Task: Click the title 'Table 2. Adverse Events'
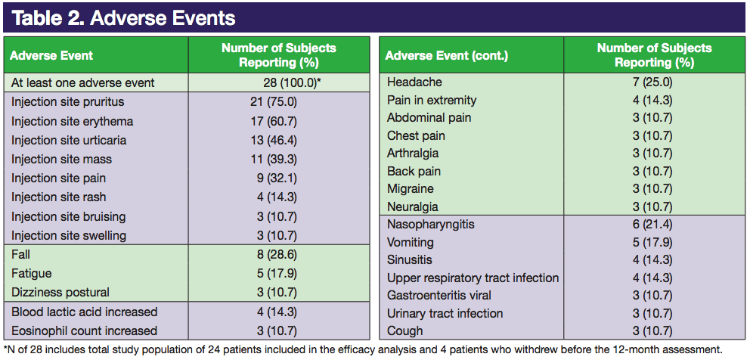pos(123,18)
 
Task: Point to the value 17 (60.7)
pos(277,121)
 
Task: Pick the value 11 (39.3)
pos(277,159)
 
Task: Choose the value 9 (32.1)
pos(277,178)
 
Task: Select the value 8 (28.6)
pos(277,255)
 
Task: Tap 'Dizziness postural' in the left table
pos(60,292)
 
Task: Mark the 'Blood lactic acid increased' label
pos(84,312)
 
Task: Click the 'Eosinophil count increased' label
pos(84,331)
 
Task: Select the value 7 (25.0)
pos(652,82)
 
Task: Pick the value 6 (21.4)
pos(652,225)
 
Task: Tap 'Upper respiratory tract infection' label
pos(473,278)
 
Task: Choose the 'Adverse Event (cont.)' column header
pos(447,56)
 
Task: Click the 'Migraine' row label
pos(411,189)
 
